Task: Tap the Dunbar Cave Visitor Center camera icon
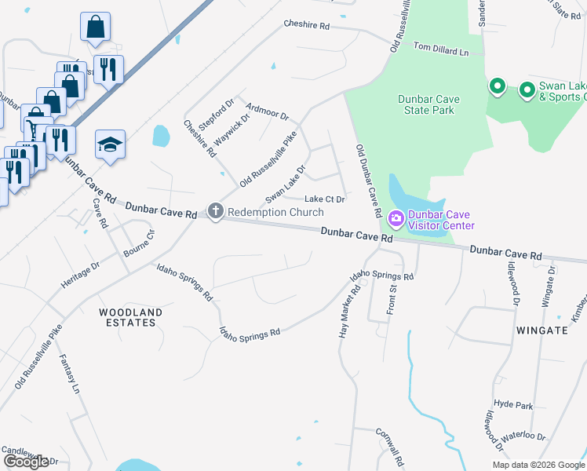tap(396, 217)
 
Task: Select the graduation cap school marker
tap(111, 144)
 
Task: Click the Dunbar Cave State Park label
tap(428, 104)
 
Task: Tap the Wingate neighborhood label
tap(541, 330)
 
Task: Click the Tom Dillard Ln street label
tap(440, 49)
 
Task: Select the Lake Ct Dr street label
tap(325, 199)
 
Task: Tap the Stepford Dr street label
tap(217, 115)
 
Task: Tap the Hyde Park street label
tap(514, 404)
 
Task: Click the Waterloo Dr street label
tap(523, 436)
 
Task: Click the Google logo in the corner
tap(26, 462)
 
